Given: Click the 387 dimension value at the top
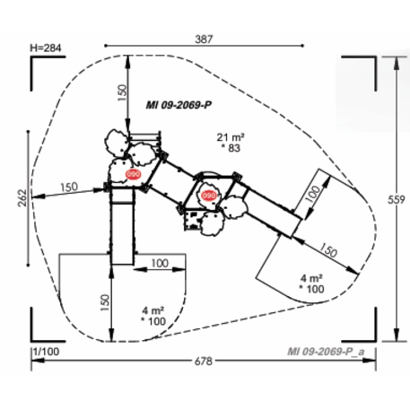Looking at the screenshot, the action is [204, 39].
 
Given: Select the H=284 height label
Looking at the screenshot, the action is [46, 48].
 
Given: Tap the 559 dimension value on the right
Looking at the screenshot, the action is [397, 199].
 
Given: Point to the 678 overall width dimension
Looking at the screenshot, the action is [204, 361].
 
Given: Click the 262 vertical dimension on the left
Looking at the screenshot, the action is [22, 197].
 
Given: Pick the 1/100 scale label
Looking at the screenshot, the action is [47, 352].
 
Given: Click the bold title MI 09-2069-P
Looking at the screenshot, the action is [179, 105].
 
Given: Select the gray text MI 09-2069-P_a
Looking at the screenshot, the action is [326, 352].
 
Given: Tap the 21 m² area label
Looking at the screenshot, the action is [231, 137].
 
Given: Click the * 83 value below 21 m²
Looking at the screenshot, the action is [231, 148].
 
